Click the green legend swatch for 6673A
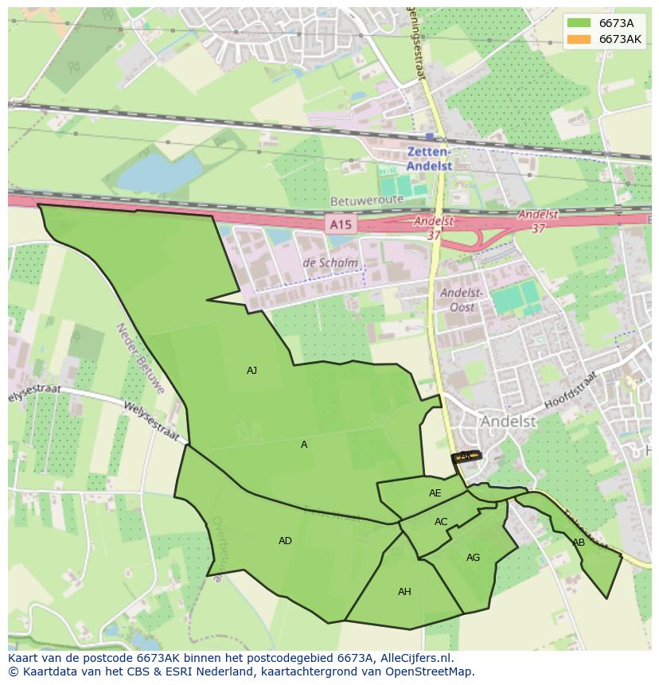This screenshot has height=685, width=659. coord(579,23)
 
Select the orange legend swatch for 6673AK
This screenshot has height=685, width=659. coord(579,39)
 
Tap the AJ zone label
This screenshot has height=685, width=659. coord(252,371)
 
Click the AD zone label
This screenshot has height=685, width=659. coord(285,541)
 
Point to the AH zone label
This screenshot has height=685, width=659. coord(404,592)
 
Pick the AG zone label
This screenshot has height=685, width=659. coord(473,558)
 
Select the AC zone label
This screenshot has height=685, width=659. coord(441,522)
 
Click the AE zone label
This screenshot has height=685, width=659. coord(435,493)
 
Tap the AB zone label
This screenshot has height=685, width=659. coord(579,543)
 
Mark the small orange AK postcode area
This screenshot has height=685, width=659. coord(466,457)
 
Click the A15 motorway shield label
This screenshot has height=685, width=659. coord(340,225)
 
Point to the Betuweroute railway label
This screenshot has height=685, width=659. coord(362,202)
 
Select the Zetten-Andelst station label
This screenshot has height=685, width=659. coord(429,159)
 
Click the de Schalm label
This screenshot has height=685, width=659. coord(330,263)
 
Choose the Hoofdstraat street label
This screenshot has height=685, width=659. coord(570,391)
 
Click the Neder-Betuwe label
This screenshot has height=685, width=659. coord(139,359)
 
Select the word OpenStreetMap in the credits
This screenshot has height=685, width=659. coord(431,671)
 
